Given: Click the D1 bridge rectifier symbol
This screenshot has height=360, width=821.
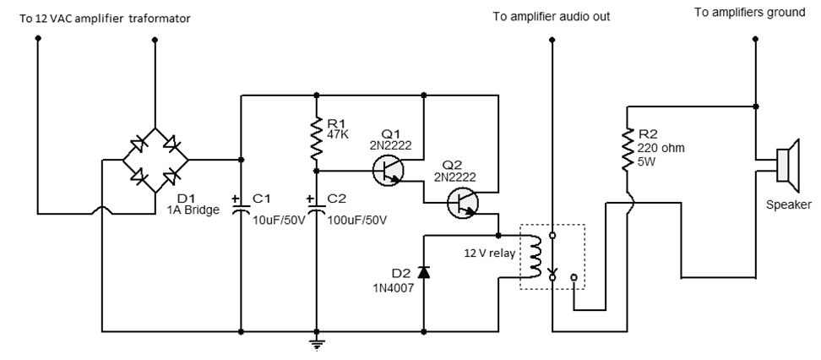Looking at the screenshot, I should pyautogui.click(x=154, y=159).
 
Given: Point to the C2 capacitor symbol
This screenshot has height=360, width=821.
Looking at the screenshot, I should pyautogui.click(x=317, y=205).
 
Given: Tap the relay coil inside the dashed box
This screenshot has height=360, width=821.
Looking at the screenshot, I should pyautogui.click(x=534, y=256).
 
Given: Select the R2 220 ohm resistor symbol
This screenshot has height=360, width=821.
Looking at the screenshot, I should pyautogui.click(x=628, y=148).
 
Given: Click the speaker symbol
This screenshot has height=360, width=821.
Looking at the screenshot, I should pyautogui.click(x=787, y=166).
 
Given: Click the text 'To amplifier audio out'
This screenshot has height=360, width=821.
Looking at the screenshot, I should pyautogui.click(x=551, y=17).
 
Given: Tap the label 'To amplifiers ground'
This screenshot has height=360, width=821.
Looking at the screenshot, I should pyautogui.click(x=749, y=13).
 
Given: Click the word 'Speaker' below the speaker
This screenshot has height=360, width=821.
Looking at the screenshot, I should pyautogui.click(x=787, y=205).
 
